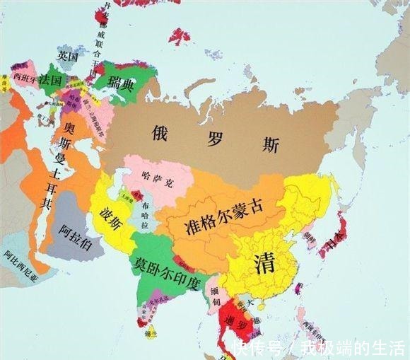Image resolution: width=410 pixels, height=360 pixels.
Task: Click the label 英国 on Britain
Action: (68, 55)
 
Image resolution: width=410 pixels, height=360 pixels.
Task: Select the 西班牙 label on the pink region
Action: (26, 78)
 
